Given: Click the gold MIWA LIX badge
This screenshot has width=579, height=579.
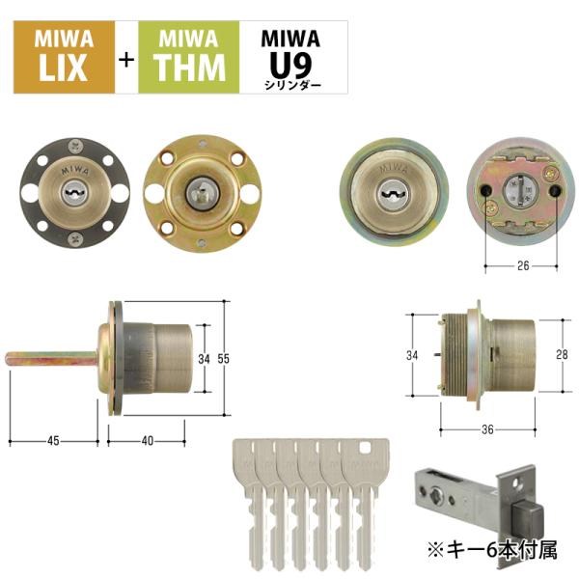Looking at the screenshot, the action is point(65,57).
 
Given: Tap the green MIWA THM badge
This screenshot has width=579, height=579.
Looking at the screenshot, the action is point(189,57).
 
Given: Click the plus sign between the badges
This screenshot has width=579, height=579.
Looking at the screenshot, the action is point(126,59).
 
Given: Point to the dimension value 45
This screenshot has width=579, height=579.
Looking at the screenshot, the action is point(53,441).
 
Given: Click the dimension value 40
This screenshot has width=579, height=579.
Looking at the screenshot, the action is point(148,441).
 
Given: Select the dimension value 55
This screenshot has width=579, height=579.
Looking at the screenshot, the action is point(224,359).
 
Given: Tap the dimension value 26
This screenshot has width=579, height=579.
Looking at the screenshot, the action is point(523,265).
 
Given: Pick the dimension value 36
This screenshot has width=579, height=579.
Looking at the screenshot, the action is point(487,429).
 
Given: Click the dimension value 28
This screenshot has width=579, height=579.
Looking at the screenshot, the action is point(562,354).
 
